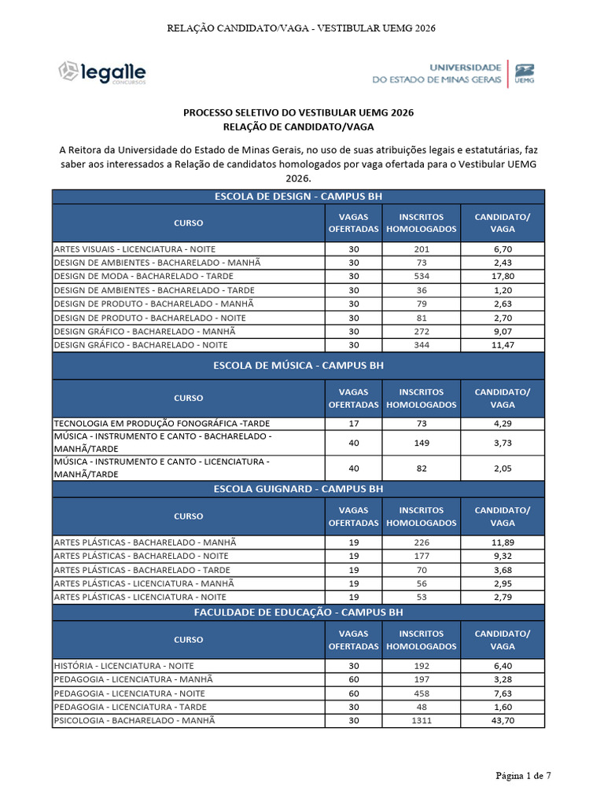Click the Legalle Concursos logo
101,72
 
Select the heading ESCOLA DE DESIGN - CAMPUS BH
298,197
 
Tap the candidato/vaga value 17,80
502,277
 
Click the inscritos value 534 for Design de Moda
421,277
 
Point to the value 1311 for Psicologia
421,720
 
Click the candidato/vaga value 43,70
502,720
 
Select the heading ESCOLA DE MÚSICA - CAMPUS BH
298,366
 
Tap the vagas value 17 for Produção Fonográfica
353,424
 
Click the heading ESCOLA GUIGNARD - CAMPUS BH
298,489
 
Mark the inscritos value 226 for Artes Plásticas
421,542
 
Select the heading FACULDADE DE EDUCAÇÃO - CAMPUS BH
298,612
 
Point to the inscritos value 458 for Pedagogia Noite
421,693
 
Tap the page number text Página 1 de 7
522,776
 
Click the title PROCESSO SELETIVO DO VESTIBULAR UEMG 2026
298,113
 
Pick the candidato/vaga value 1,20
502,290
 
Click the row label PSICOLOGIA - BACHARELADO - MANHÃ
134,720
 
